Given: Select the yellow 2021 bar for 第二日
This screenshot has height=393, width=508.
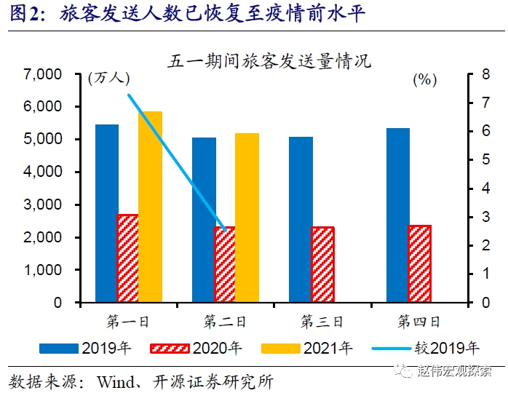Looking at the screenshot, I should click(247, 218).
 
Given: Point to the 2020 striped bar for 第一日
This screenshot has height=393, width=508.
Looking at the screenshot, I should click(128, 258).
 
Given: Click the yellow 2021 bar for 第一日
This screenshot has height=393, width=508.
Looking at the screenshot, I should click(150, 207).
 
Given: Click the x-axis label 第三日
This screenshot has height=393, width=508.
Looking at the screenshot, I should click(322, 320).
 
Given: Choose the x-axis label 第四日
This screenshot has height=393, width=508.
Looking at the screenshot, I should click(418, 320).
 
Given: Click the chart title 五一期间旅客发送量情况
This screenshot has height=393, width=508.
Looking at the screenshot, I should click(269, 60).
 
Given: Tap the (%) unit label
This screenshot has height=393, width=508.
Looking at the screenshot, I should click(424, 80).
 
